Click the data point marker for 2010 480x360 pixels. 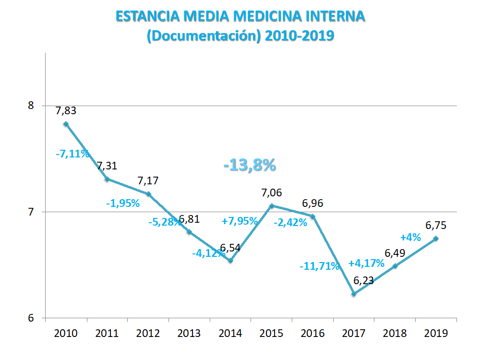click(x=66, y=124)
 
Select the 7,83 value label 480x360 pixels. click(x=66, y=110)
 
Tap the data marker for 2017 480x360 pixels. click(x=354, y=294)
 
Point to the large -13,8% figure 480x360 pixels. click(x=250, y=165)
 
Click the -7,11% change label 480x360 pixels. click(x=72, y=154)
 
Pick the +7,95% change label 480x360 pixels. click(x=240, y=221)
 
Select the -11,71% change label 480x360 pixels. click(x=319, y=266)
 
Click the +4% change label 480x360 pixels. click(x=410, y=237)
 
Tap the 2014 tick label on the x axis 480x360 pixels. click(x=230, y=333)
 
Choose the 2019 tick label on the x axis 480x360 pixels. click(x=436, y=333)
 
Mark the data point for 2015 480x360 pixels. click(x=272, y=206)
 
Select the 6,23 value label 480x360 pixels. click(x=363, y=281)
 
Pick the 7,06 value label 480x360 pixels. click(x=271, y=193)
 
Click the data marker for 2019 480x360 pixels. click(x=436, y=239)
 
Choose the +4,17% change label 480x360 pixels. click(x=366, y=263)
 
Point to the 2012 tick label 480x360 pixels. click(x=148, y=333)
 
